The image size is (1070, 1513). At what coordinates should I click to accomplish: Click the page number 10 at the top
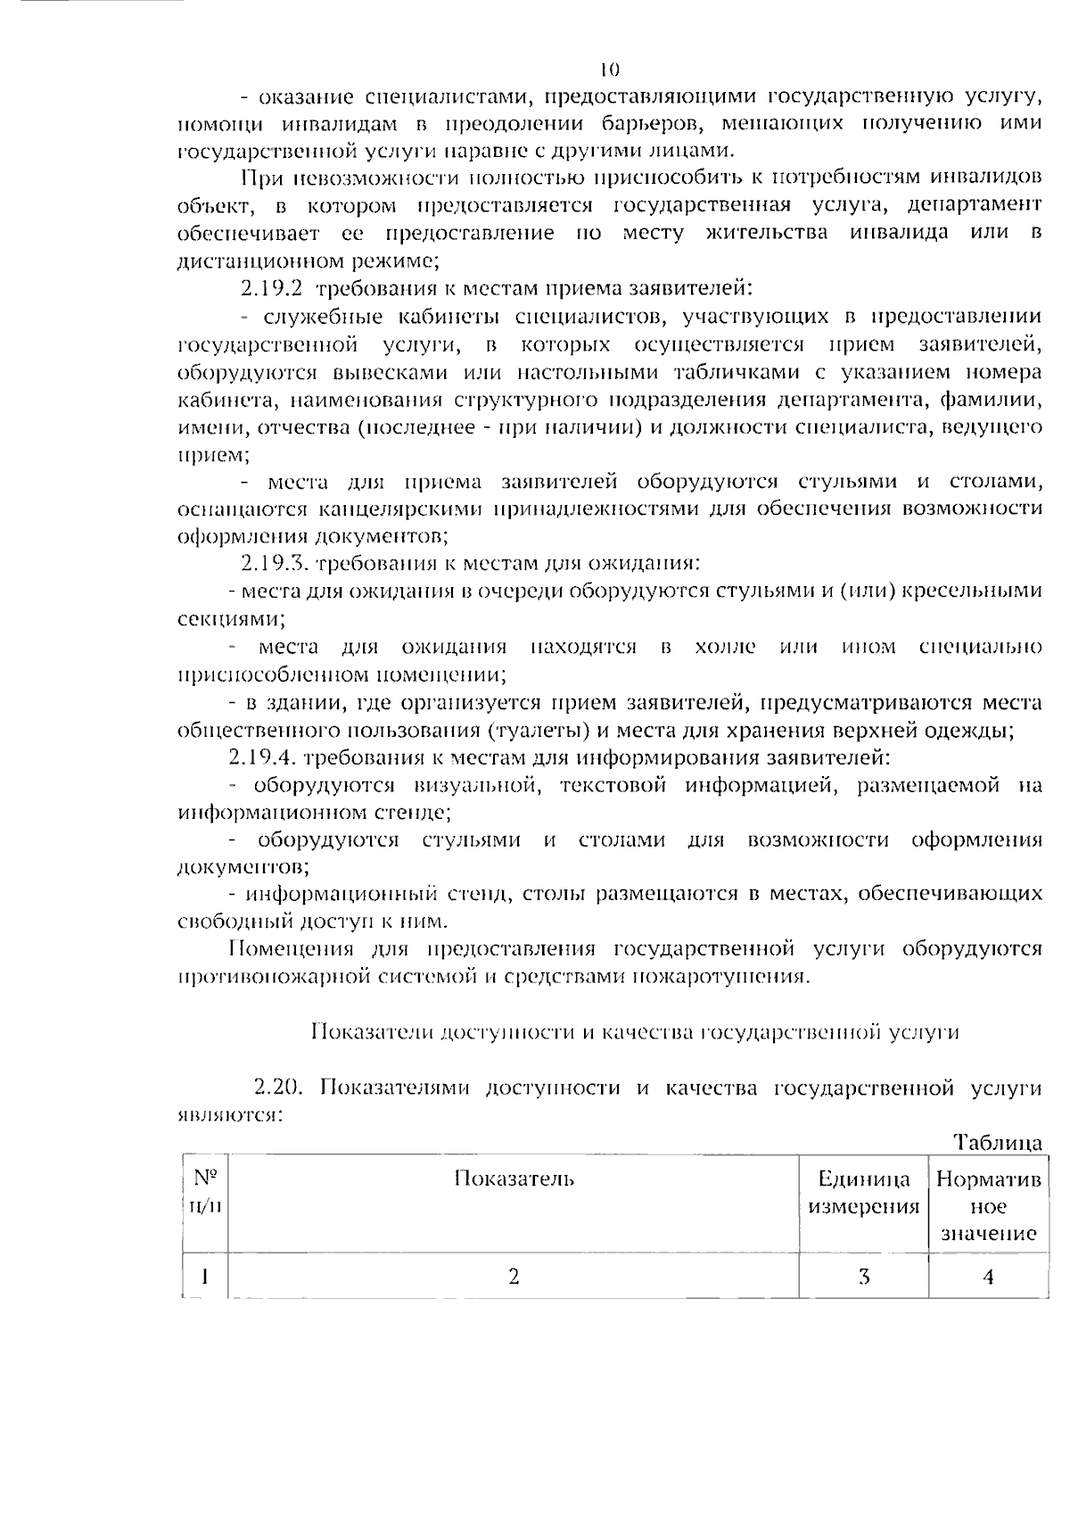pyautogui.click(x=610, y=69)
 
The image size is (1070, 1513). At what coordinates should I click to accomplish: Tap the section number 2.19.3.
pyautogui.click(x=274, y=564)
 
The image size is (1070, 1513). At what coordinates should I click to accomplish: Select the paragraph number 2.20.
pyautogui.click(x=281, y=1087)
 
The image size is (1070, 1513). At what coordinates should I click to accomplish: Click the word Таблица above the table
pyautogui.click(x=998, y=1143)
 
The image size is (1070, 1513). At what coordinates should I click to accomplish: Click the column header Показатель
pyautogui.click(x=514, y=1179)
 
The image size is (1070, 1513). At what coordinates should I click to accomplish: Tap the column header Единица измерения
pyautogui.click(x=863, y=1194)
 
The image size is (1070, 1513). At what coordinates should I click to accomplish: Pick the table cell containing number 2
pyautogui.click(x=514, y=1277)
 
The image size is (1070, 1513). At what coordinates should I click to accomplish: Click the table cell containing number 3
pyautogui.click(x=863, y=1277)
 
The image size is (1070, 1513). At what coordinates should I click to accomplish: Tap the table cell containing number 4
pyautogui.click(x=988, y=1277)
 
